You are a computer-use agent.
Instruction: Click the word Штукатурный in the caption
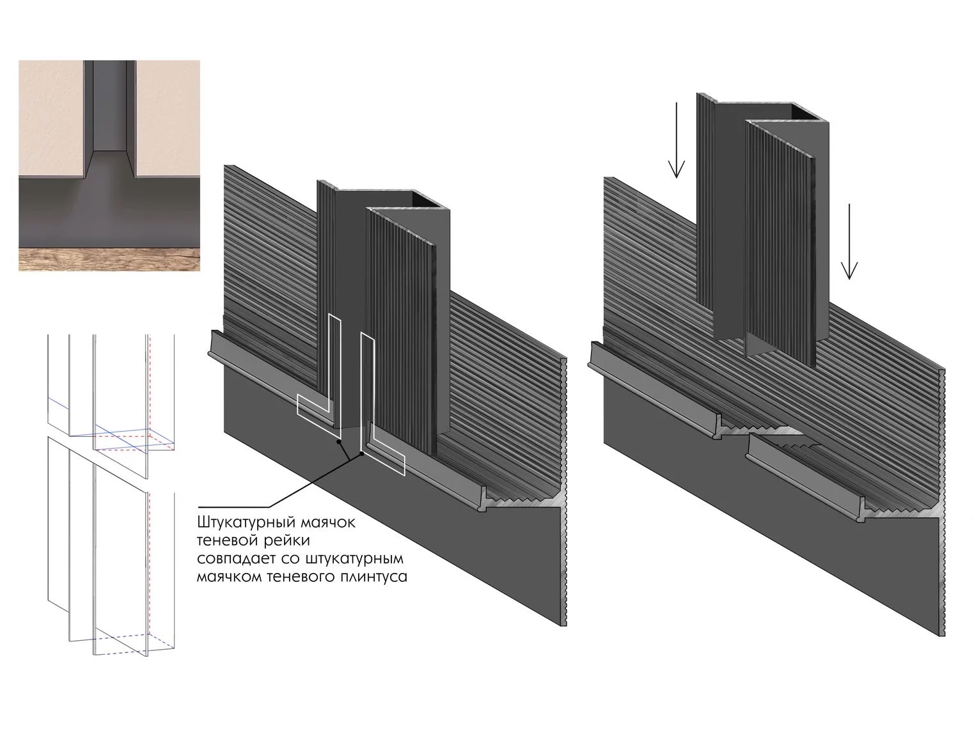247,523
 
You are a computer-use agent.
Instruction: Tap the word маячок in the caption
328,523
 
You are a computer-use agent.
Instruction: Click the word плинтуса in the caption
374,577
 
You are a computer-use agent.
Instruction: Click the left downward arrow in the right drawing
676,140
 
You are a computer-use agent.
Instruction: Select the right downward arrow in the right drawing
849,242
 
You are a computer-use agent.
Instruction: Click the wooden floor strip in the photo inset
109,260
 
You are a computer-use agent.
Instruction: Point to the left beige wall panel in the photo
51,119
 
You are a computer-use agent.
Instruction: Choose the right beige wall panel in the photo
168,119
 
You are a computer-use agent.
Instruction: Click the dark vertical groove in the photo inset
110,106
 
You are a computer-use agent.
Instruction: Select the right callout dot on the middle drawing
362,453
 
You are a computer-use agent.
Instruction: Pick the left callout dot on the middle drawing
339,441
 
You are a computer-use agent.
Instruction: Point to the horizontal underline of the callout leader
233,507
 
